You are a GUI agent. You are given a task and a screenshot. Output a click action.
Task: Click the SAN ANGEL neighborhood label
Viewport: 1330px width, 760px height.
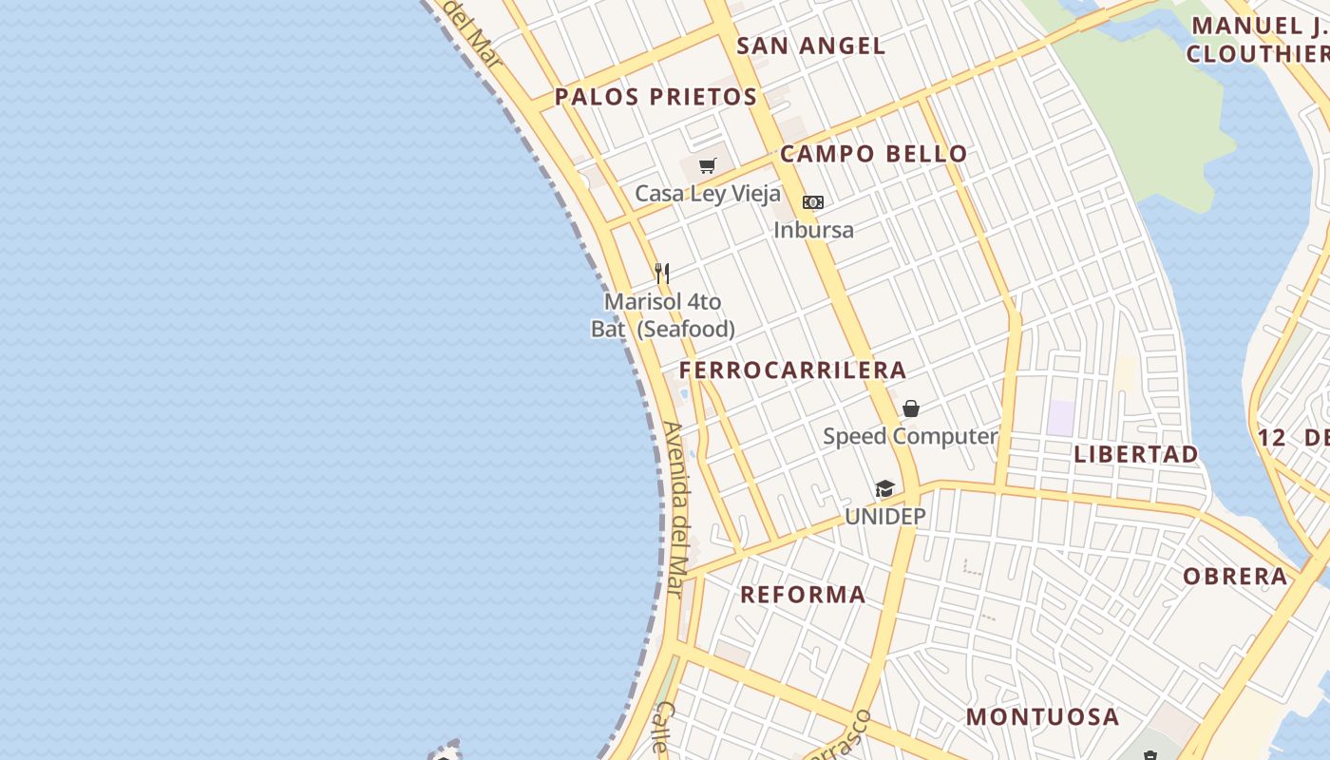tap(810, 46)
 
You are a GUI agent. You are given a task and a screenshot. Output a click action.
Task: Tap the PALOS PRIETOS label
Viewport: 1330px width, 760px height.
tap(655, 97)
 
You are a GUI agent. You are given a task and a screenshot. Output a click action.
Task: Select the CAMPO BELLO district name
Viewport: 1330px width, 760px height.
tap(873, 154)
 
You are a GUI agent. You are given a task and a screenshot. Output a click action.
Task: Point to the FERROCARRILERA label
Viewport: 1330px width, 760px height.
tap(792, 370)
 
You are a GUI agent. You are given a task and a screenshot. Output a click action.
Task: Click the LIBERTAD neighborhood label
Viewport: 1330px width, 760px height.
tap(1136, 454)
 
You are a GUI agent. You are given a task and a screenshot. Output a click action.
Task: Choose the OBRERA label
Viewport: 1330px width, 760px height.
tap(1235, 576)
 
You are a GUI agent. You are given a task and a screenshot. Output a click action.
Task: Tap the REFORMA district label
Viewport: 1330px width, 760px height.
tap(803, 595)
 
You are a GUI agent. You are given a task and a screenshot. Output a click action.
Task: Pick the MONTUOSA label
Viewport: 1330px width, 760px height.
tap(1042, 716)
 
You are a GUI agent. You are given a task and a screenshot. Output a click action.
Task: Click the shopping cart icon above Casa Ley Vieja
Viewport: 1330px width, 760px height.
tap(707, 166)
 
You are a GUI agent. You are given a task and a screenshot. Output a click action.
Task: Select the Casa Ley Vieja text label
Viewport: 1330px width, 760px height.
tap(707, 194)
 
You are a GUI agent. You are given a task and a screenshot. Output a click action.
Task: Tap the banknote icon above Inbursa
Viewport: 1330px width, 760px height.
tap(813, 202)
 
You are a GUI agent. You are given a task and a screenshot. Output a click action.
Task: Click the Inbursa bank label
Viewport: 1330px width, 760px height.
tap(813, 230)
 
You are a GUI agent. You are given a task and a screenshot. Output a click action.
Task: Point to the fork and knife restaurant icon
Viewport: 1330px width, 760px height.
tap(662, 274)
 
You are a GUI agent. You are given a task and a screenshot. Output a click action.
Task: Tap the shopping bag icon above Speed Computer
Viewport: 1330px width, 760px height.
tap(910, 408)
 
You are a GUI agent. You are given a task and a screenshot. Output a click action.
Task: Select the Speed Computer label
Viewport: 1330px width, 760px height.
tap(910, 436)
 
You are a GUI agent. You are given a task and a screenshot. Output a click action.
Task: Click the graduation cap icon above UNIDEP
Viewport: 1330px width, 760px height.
tap(884, 489)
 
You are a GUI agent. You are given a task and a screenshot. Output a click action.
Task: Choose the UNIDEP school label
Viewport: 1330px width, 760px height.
tap(884, 517)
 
